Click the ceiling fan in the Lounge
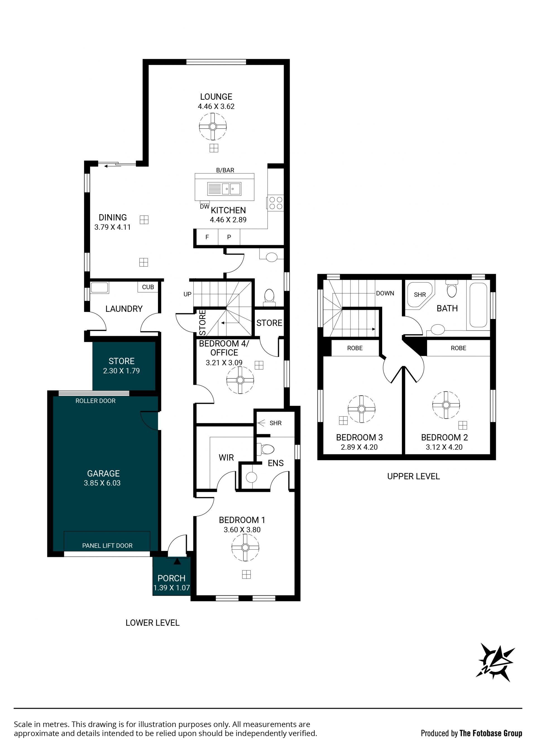click(213, 127)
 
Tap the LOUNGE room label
click(216, 96)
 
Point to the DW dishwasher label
click(205, 207)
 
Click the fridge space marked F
click(207, 237)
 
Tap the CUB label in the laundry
click(148, 287)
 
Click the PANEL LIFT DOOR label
click(107, 546)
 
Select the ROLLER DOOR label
click(95, 401)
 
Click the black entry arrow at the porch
click(177, 561)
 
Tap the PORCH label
click(171, 578)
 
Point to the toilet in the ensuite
click(266, 449)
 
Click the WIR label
click(226, 458)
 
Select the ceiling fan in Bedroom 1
click(245, 548)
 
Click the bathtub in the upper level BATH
click(478, 305)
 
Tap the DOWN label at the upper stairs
click(385, 293)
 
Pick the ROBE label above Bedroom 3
click(355, 348)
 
